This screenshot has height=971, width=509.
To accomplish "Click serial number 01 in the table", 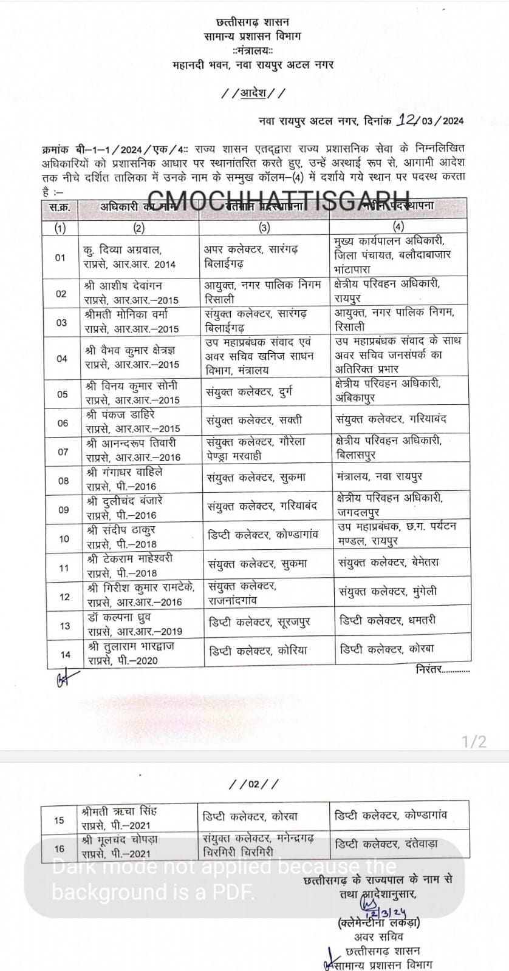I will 60,257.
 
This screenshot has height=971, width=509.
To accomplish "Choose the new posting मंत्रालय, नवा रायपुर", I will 380,476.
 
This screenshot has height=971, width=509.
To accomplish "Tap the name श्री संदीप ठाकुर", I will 121,530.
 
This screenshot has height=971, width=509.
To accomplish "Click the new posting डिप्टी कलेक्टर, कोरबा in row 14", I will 387,649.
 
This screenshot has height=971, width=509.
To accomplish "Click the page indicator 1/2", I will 474,741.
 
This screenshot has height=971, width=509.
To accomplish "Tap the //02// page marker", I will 254,784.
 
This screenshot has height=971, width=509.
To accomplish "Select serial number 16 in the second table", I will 59,848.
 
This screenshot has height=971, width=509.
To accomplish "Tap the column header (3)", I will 264,228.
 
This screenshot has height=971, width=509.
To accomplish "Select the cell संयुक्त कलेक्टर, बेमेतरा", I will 389,563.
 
